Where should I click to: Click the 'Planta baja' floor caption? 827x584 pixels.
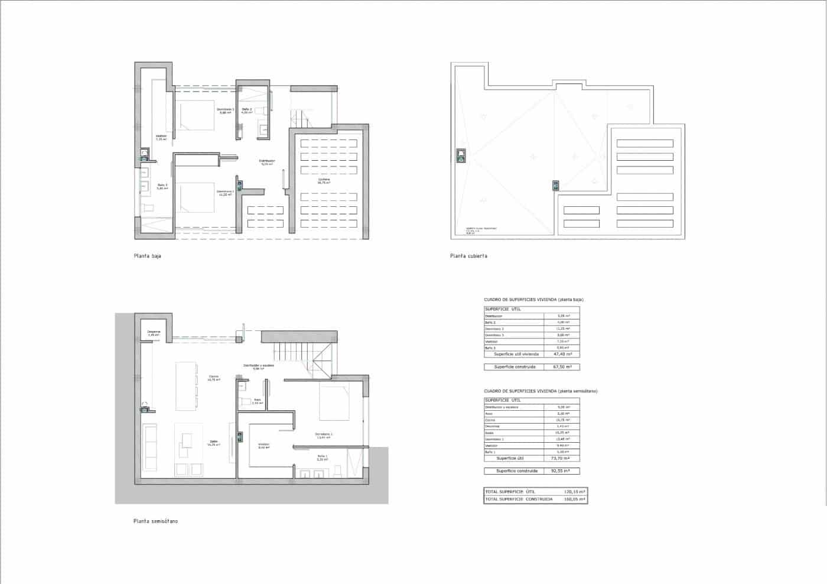tap(148, 256)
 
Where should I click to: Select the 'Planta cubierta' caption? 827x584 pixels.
tap(468, 256)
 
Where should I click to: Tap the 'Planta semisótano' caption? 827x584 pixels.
tap(155, 521)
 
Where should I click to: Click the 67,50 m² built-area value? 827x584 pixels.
tap(561, 367)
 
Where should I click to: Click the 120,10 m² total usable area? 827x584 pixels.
tap(574, 492)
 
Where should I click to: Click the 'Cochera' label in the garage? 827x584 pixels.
tap(324, 180)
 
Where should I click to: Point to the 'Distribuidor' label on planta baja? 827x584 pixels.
tap(267, 161)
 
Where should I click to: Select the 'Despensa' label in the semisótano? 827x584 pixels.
tap(154, 332)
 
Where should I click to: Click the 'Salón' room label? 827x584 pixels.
tap(213, 442)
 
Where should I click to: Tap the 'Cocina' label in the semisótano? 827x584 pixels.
tap(213, 377)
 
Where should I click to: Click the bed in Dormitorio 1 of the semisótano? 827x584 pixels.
tap(336, 402)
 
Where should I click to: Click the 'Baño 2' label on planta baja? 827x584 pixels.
tap(247, 109)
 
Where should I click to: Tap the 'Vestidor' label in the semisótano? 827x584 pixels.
tap(263, 445)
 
